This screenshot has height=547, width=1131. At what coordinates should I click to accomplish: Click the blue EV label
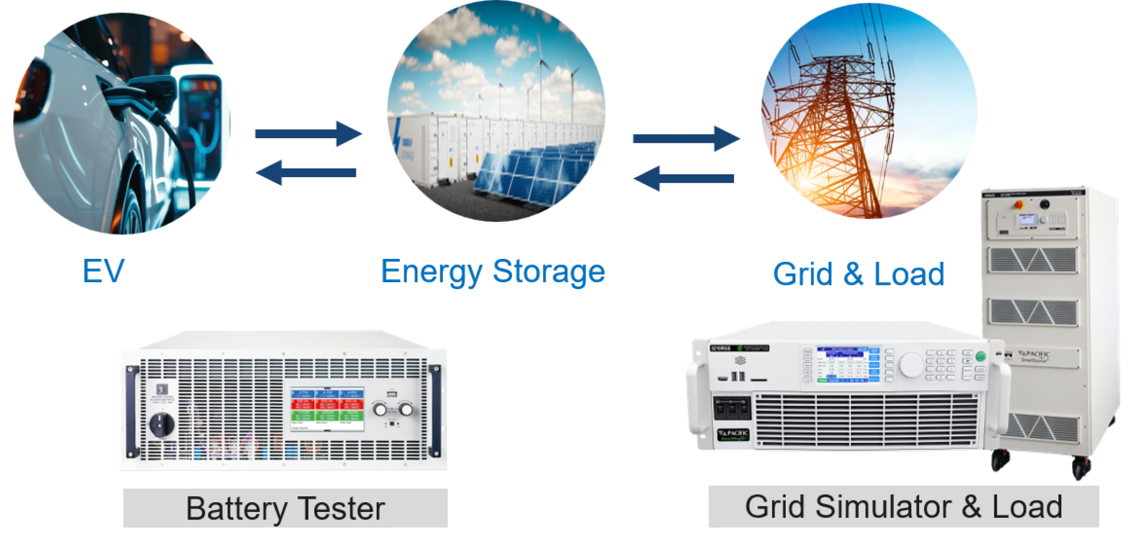point(104,272)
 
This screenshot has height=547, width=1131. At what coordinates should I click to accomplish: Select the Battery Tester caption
point(285,508)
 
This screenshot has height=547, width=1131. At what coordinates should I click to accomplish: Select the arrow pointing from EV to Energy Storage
point(309,134)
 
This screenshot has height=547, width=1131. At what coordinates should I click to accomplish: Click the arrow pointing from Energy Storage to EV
point(306,173)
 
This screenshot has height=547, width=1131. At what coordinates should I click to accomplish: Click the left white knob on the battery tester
point(380,410)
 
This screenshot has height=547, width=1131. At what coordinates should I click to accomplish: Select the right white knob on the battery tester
point(405,410)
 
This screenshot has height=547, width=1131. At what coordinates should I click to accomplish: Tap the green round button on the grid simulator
point(981,357)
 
